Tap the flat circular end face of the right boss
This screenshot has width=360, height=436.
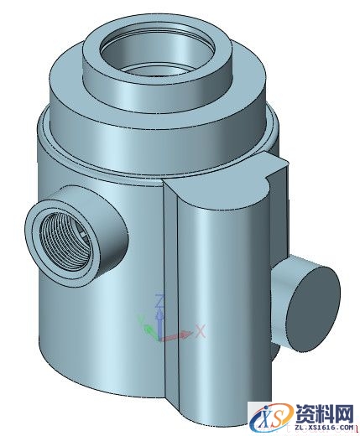pyautogui.click(x=313, y=298)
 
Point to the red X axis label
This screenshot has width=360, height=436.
pyautogui.click(x=201, y=331)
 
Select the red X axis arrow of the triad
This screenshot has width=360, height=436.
pyautogui.click(x=179, y=336)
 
